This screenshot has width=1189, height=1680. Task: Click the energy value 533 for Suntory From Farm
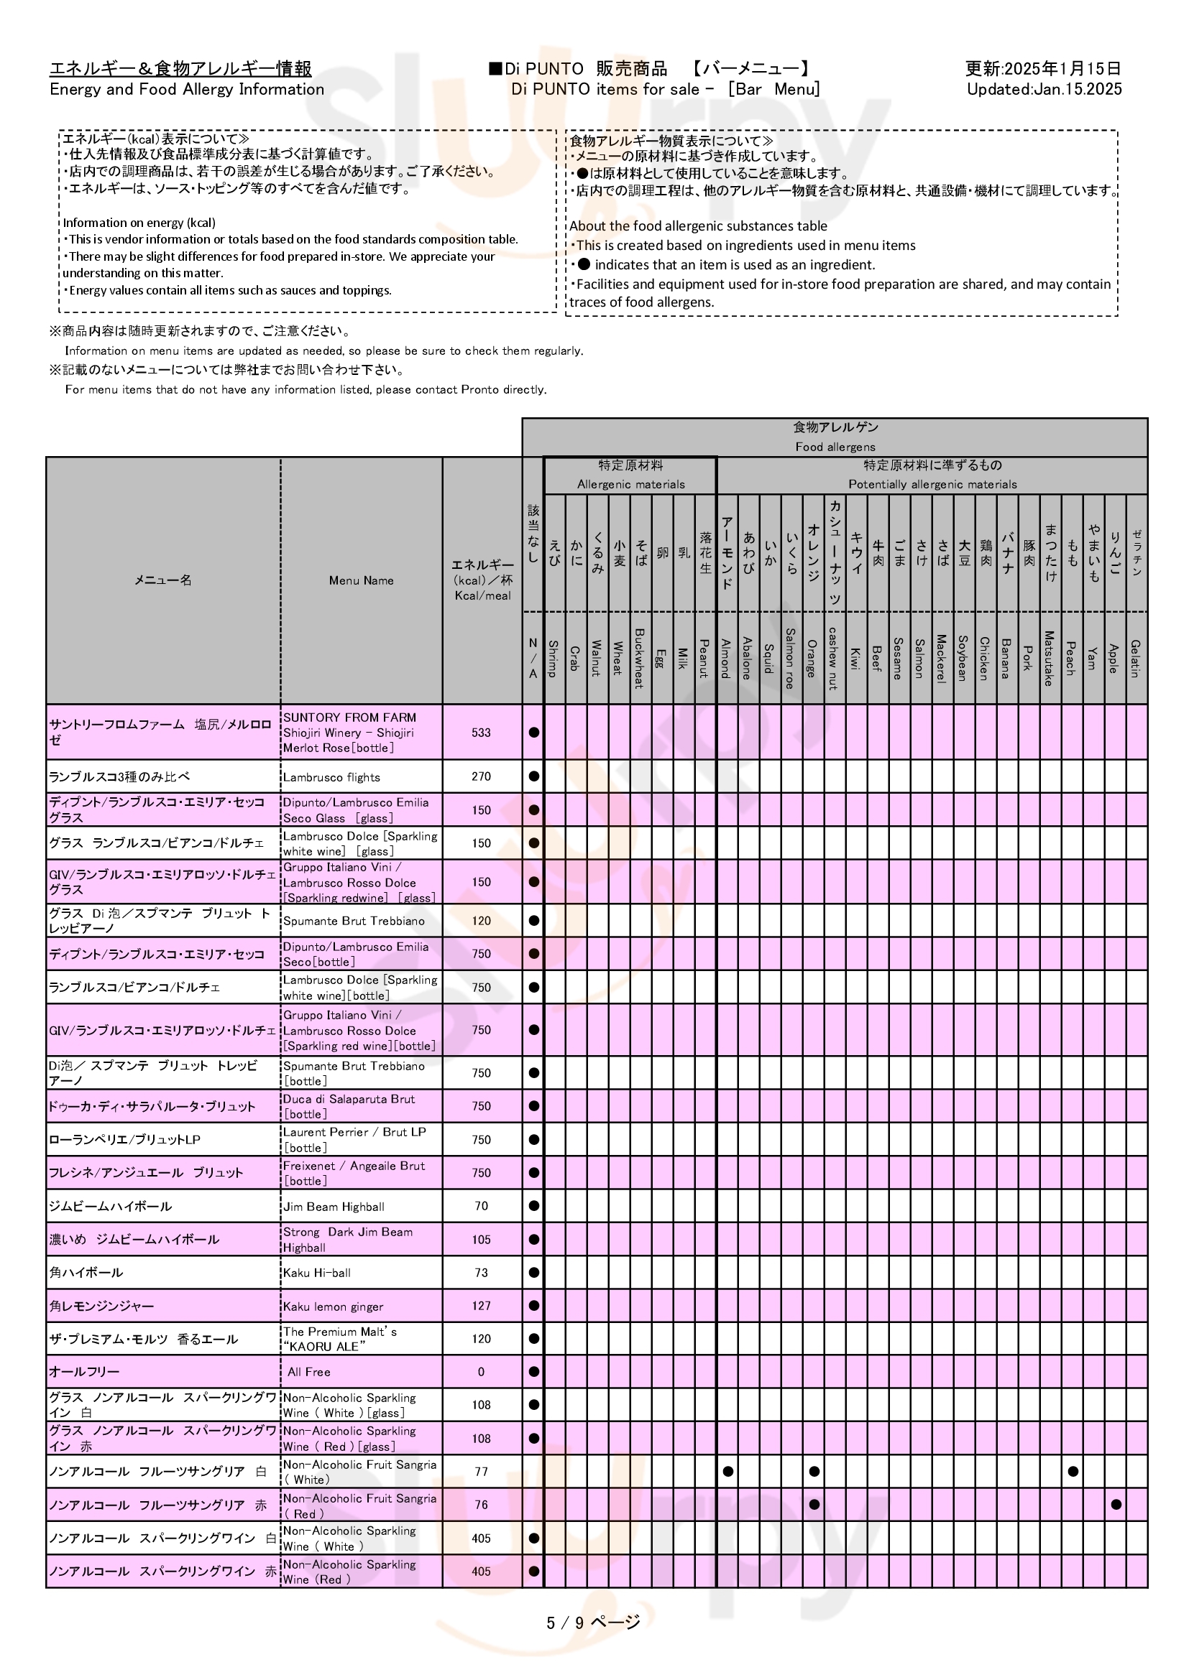pyautogui.click(x=481, y=733)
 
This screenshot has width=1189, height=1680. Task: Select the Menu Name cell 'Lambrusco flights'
pyautogui.click(x=331, y=777)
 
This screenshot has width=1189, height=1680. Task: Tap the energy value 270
pyautogui.click(x=481, y=776)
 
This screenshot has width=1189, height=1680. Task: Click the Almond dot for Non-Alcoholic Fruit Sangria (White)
pyautogui.click(x=727, y=1472)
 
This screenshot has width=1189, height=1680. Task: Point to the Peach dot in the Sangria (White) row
pyautogui.click(x=1073, y=1472)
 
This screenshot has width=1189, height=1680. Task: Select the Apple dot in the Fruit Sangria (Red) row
pyautogui.click(x=1116, y=1505)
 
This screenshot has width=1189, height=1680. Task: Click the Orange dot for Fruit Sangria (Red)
pyautogui.click(x=814, y=1505)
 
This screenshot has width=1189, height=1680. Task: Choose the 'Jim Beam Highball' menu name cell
pyautogui.click(x=334, y=1207)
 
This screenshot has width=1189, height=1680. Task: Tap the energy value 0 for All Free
pyautogui.click(x=481, y=1372)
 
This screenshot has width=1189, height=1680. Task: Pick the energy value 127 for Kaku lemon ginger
pyautogui.click(x=481, y=1306)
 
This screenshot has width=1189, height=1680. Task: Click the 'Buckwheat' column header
pyautogui.click(x=639, y=658)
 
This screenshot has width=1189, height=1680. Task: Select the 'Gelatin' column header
pyautogui.click(x=1136, y=658)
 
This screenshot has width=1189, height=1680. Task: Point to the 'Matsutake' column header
pyautogui.click(x=1049, y=658)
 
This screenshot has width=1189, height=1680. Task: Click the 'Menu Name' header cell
pyautogui.click(x=361, y=580)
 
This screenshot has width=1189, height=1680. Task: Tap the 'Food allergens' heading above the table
pyautogui.click(x=835, y=446)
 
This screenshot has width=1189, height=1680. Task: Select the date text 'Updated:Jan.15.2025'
pyautogui.click(x=1044, y=89)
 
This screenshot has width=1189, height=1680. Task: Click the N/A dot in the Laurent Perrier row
pyautogui.click(x=533, y=1140)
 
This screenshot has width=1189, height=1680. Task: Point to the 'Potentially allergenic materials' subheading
pyautogui.click(x=932, y=484)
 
